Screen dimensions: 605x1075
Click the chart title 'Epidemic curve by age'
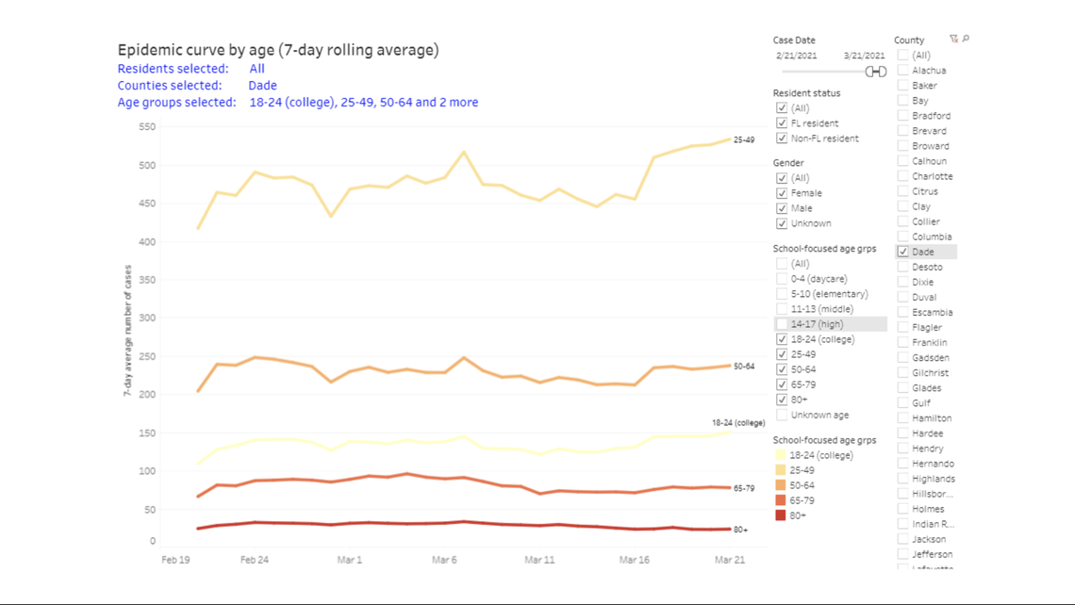click(x=277, y=50)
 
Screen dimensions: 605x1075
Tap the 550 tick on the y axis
click(x=146, y=127)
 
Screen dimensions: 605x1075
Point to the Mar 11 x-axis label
click(x=539, y=560)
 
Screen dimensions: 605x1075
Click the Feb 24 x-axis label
click(x=254, y=560)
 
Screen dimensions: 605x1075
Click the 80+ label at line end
click(x=740, y=531)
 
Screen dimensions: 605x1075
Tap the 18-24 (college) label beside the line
click(x=737, y=423)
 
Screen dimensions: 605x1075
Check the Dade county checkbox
click(x=903, y=252)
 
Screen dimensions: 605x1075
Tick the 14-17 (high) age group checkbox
click(x=782, y=324)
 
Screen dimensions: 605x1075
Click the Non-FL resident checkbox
click(x=782, y=139)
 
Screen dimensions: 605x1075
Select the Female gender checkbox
click(x=782, y=193)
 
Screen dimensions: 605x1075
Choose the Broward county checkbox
click(x=903, y=146)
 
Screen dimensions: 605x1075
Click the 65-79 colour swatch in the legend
click(x=780, y=500)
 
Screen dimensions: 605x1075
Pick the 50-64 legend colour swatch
click(x=780, y=485)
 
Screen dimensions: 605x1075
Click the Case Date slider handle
click(x=876, y=72)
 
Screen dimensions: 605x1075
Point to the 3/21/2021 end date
click(x=864, y=57)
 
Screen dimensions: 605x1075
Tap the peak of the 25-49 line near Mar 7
click(x=464, y=152)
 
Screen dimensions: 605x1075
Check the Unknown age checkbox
click(x=782, y=415)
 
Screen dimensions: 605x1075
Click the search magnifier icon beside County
click(x=966, y=40)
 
